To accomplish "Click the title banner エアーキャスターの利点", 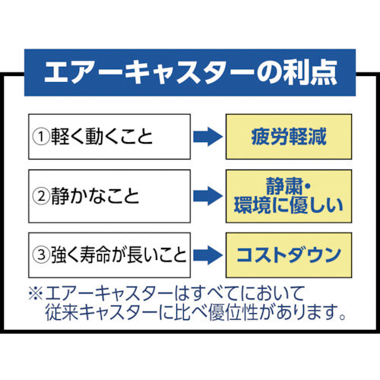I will [x=190, y=74].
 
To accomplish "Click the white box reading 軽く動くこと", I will [x=109, y=137].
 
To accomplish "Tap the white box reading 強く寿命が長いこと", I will [x=109, y=252].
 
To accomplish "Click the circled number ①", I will [x=40, y=138].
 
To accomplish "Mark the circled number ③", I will [x=40, y=252].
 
